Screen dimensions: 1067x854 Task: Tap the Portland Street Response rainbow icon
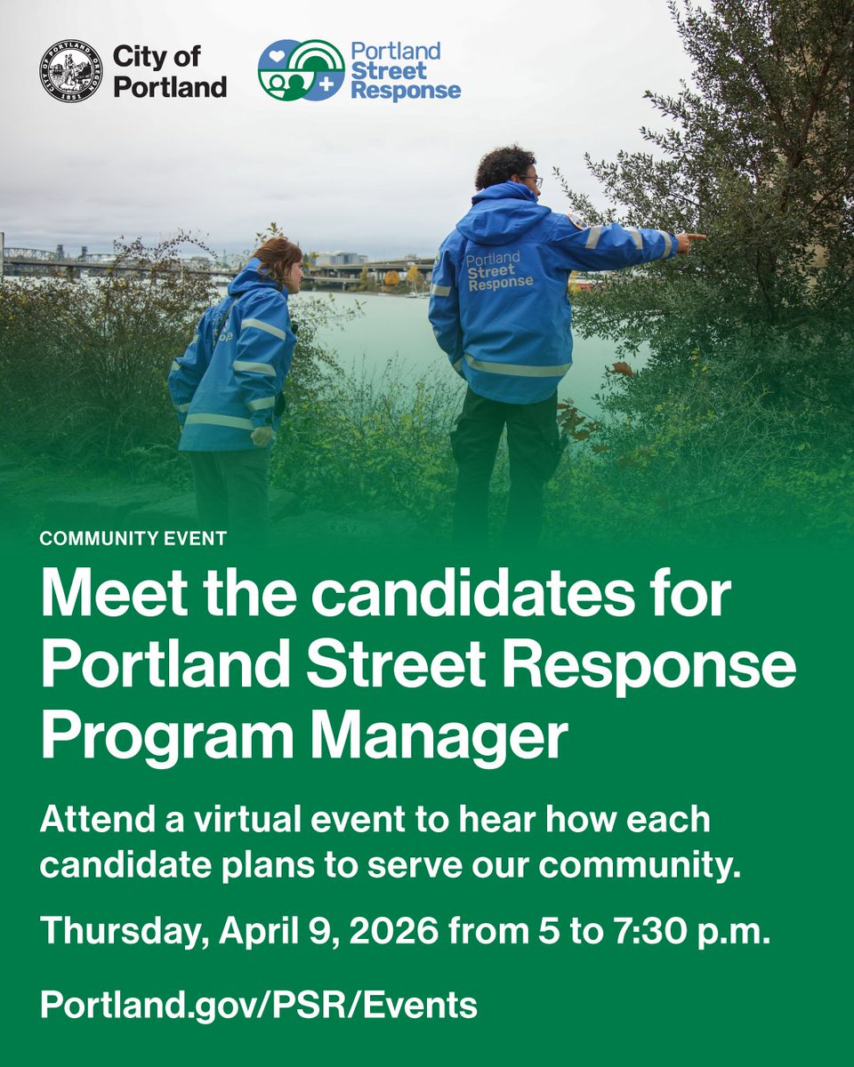[301, 69]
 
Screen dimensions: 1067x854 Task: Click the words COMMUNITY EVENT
[133, 538]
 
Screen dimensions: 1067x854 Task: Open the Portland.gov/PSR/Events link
[258, 1005]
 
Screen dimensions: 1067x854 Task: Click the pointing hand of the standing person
[690, 238]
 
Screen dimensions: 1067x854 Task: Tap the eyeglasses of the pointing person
[531, 181]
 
